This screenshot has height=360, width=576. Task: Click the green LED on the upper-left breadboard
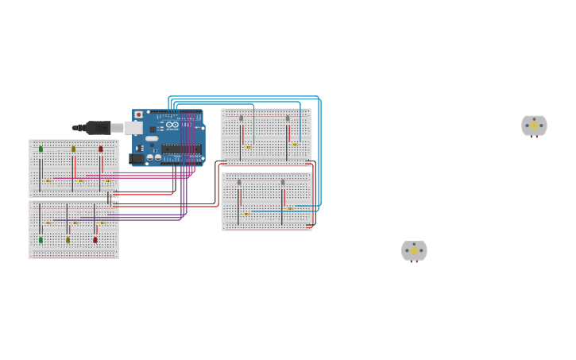pyautogui.click(x=41, y=149)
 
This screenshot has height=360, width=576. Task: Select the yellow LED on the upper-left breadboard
pyautogui.click(x=74, y=149)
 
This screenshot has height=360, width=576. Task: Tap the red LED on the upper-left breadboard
pyautogui.click(x=101, y=149)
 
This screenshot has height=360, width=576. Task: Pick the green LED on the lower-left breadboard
pyautogui.click(x=41, y=239)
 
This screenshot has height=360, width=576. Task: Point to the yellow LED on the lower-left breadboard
pyautogui.click(x=68, y=239)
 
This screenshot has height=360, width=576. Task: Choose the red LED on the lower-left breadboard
pyautogui.click(x=95, y=239)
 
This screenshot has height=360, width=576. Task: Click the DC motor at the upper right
pyautogui.click(x=534, y=126)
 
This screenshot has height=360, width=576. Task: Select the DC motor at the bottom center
pyautogui.click(x=414, y=251)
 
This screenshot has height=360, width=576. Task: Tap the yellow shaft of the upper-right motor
pyautogui.click(x=534, y=125)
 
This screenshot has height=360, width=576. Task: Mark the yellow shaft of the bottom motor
pyautogui.click(x=414, y=250)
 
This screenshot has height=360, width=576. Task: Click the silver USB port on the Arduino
pyautogui.click(x=133, y=127)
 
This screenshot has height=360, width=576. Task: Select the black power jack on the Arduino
pyautogui.click(x=137, y=158)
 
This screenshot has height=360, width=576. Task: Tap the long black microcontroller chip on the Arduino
pyautogui.click(x=180, y=149)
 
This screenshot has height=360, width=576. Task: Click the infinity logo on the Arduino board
pyautogui.click(x=172, y=125)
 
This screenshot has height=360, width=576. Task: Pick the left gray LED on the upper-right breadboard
pyautogui.click(x=242, y=118)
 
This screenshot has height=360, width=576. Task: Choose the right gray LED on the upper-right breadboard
pyautogui.click(x=288, y=118)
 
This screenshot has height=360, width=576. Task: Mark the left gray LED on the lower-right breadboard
pyautogui.click(x=239, y=183)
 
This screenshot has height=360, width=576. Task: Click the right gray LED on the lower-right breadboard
pyautogui.click(x=283, y=183)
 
